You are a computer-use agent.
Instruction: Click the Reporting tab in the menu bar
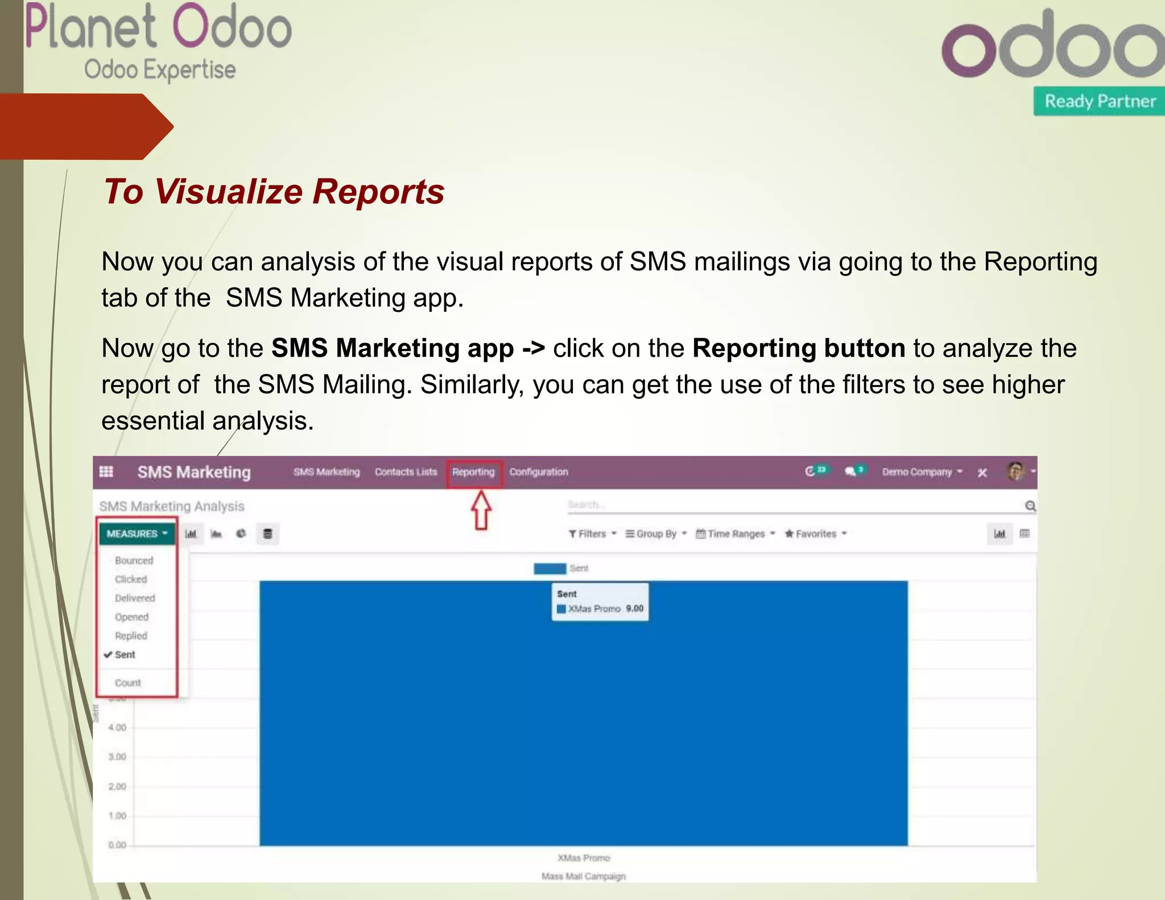(x=473, y=472)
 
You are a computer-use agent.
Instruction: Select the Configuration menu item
(x=538, y=472)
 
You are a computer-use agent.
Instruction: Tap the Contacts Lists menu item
(x=406, y=472)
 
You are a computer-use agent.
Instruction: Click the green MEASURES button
(x=137, y=534)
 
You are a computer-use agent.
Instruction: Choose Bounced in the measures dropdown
(x=134, y=560)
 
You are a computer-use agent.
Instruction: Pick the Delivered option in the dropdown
(x=135, y=598)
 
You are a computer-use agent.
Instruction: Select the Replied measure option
(x=131, y=635)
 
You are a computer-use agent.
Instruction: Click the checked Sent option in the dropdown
(x=125, y=655)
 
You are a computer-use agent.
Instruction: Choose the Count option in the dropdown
(x=127, y=683)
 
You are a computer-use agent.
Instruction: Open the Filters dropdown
(x=592, y=534)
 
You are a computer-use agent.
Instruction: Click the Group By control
(x=656, y=534)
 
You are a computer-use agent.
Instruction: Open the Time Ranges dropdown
(x=736, y=534)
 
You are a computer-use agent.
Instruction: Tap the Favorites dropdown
(x=816, y=534)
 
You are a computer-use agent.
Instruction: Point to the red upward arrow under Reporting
(x=481, y=510)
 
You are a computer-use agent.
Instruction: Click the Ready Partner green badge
(x=1099, y=101)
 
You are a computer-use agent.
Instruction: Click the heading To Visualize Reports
(x=274, y=191)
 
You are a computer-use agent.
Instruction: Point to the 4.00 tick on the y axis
(x=117, y=727)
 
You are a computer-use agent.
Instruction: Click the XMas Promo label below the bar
(x=584, y=858)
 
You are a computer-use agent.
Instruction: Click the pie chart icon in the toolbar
(x=241, y=534)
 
